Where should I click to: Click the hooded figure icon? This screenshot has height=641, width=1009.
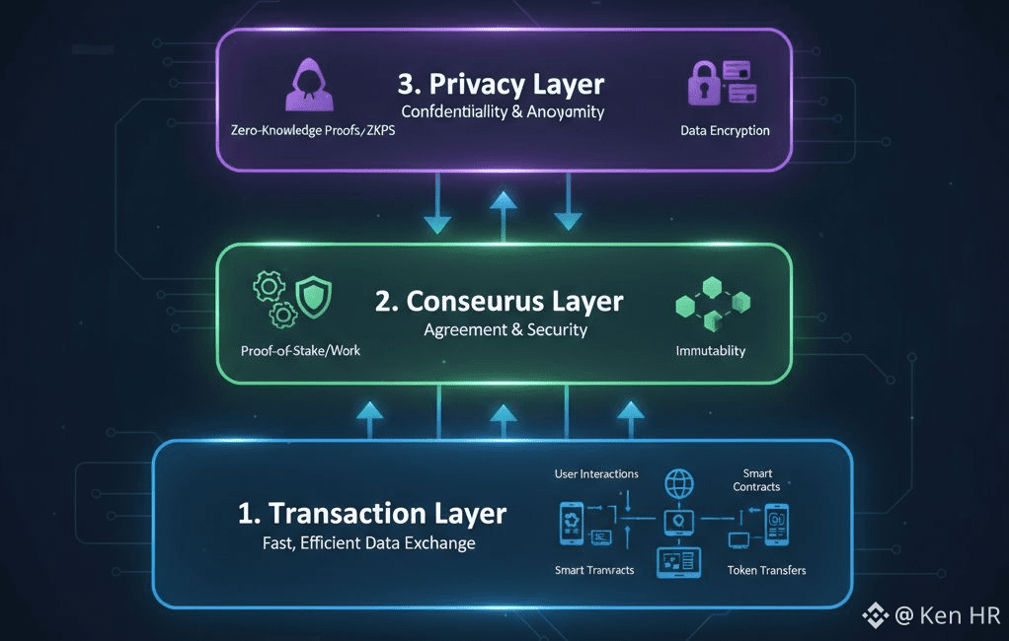pyautogui.click(x=306, y=84)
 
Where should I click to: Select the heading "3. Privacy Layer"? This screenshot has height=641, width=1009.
pyautogui.click(x=501, y=84)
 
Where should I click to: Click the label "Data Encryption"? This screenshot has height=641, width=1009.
pyautogui.click(x=726, y=130)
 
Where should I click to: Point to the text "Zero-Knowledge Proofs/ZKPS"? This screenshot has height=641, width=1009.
pyautogui.click(x=311, y=130)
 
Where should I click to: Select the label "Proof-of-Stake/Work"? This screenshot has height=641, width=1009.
pyautogui.click(x=300, y=350)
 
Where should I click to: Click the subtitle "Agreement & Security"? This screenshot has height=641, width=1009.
pyautogui.click(x=505, y=329)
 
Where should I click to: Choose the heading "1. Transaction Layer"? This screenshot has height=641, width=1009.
pyautogui.click(x=372, y=513)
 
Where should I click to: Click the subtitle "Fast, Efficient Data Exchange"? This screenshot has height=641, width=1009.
pyautogui.click(x=368, y=543)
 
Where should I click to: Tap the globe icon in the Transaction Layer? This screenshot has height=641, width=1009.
pyautogui.click(x=679, y=484)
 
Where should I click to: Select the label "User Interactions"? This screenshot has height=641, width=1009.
pyautogui.click(x=596, y=474)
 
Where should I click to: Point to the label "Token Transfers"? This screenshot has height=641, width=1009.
pyautogui.click(x=767, y=570)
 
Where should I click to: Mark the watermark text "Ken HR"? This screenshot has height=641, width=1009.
pyautogui.click(x=961, y=616)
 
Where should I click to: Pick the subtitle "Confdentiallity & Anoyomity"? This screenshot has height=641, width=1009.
pyautogui.click(x=503, y=111)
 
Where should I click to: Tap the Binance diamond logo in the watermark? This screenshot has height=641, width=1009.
pyautogui.click(x=876, y=616)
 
